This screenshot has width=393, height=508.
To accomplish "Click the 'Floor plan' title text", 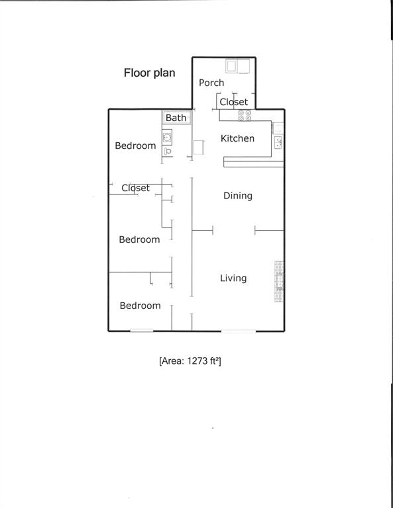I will (149, 73).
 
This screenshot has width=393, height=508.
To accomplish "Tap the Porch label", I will (211, 83).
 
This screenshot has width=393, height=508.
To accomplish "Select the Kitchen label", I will (237, 138).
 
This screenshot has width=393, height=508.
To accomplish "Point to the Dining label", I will (237, 196).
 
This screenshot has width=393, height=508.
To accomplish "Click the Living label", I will (233, 278).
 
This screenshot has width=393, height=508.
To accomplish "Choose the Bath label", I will (176, 118).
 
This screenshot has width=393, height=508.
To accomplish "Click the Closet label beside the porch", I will (234, 102).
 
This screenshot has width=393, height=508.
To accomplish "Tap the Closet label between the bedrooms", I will (135, 188).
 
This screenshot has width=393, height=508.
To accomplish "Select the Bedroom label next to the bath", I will (135, 146).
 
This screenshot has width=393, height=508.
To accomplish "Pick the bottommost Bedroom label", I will (140, 306).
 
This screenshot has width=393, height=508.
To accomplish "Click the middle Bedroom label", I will (139, 239).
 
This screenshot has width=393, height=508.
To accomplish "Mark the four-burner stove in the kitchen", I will (245, 115).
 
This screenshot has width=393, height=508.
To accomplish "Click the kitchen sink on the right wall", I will (278, 142).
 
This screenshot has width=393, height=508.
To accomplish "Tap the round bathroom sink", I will (167, 138).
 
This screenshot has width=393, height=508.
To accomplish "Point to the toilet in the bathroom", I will (167, 151).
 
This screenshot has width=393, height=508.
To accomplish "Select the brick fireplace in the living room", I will (280, 282).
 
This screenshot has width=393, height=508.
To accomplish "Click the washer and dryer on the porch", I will (237, 65).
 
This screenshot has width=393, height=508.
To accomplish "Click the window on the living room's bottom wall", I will (238, 331).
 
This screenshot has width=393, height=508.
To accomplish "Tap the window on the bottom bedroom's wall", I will (141, 331).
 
